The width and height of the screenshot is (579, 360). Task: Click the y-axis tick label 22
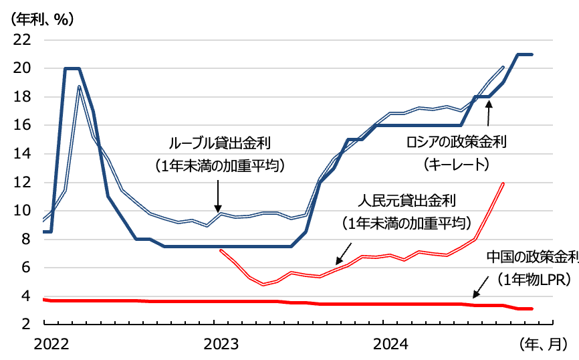22,39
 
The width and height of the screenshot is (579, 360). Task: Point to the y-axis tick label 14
22,153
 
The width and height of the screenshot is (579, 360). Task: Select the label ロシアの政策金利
457,142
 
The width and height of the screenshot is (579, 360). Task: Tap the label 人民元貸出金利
407,199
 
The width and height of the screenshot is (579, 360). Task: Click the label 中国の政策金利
532,257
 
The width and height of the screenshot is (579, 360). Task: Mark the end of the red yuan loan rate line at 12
502,183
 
